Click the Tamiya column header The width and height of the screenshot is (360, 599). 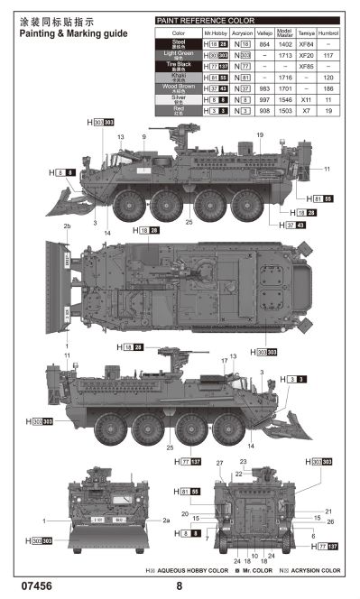coord(306,32)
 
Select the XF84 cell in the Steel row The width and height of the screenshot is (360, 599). coord(306,43)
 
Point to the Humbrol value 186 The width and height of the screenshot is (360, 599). coord(329,89)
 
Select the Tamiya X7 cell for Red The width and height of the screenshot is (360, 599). coord(306,111)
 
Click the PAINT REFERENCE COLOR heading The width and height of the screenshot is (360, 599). coord(205,20)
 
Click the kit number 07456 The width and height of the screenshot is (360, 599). coord(34,586)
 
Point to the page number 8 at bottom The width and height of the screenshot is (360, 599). coord(180,586)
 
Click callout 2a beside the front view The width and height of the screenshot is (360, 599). coord(165,521)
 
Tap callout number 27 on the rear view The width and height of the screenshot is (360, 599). coord(219,463)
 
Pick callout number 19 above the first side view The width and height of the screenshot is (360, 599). coord(259,135)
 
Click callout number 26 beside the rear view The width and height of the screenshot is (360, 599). coord(330,521)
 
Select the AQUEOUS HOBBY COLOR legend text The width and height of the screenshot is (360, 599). coord(190,571)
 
